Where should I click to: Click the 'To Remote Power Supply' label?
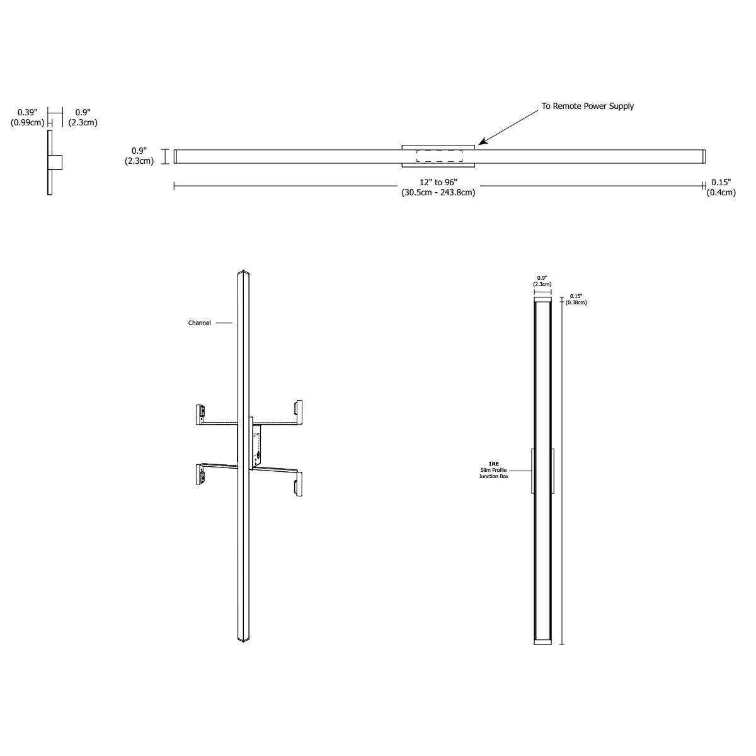(x=587, y=106)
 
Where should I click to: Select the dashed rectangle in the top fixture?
(x=439, y=156)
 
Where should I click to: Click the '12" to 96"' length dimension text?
(x=438, y=183)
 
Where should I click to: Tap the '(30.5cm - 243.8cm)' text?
(x=438, y=193)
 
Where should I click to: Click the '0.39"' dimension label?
(x=28, y=113)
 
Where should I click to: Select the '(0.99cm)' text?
(x=28, y=123)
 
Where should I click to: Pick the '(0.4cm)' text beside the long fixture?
(x=721, y=193)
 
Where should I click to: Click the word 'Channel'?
(x=199, y=323)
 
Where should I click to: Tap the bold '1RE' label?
(x=493, y=464)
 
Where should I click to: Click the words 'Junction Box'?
(x=493, y=476)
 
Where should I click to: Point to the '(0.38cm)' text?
(x=576, y=302)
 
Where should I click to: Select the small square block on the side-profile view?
(x=55, y=163)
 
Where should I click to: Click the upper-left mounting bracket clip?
(x=200, y=415)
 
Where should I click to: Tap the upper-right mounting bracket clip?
(x=299, y=412)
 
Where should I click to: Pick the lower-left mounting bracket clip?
(x=200, y=474)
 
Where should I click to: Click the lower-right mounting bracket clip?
(x=299, y=484)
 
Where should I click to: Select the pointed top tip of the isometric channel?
(x=243, y=271)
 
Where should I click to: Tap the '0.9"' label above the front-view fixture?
(x=542, y=278)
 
